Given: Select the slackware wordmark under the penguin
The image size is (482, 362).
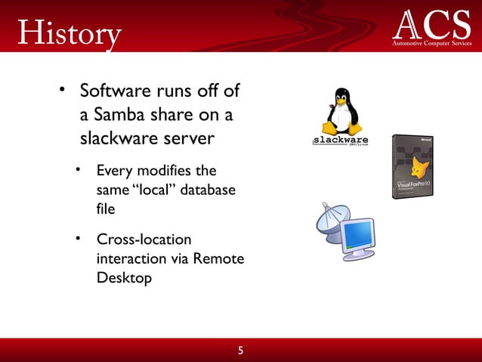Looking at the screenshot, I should [341, 141].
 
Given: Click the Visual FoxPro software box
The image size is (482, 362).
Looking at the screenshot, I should [412, 166].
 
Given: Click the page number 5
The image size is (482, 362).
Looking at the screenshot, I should [241, 351].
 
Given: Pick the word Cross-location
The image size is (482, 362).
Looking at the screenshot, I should [144, 240].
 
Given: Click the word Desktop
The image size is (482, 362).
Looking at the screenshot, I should [125, 277].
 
